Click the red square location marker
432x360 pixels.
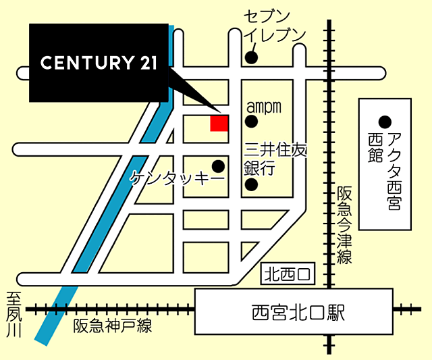click(219, 123)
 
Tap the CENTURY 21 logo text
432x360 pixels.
click(99, 63)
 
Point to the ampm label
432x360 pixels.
click(263, 107)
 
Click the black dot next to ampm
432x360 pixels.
click(251, 122)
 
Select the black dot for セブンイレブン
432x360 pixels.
click(251, 57)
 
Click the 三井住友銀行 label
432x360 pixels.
click(275, 159)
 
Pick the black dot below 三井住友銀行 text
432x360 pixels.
click(251, 184)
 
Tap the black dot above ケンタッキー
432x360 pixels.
click(218, 165)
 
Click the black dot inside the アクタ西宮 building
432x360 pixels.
click(385, 122)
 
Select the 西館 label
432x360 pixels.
click(375, 147)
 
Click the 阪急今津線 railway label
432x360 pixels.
click(345, 226)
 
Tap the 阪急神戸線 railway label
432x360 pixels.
click(113, 326)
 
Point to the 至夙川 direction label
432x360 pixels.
click(14, 315)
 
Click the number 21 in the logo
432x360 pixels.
click(146, 63)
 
